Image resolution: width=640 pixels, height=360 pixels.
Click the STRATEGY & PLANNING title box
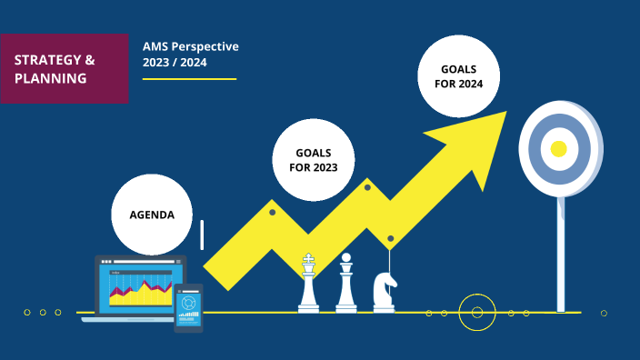coord(64,68)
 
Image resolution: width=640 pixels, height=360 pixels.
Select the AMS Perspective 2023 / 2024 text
coord(190,54)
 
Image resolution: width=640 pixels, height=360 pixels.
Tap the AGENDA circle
coord(152,215)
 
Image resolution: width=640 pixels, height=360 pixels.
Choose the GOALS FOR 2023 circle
coord(313,160)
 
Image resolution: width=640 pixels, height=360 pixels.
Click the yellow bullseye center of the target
coord(559,148)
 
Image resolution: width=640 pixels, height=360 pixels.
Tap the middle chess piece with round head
coord(345,284)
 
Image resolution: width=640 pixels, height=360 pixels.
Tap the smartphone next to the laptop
coord(188,307)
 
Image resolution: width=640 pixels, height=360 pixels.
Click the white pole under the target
coord(560,255)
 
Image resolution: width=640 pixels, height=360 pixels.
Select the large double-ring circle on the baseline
coord(476,313)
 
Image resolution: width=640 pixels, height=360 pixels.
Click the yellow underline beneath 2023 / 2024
coord(189,79)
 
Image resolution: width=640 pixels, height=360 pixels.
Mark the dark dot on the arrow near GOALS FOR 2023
coord(272,212)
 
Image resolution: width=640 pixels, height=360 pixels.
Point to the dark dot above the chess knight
coord(390,238)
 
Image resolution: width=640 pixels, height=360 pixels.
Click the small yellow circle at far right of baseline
coord(604,313)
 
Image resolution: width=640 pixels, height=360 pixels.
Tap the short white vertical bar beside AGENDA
coord(202,235)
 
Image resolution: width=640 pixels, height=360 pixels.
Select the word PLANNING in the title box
coord(51,78)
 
